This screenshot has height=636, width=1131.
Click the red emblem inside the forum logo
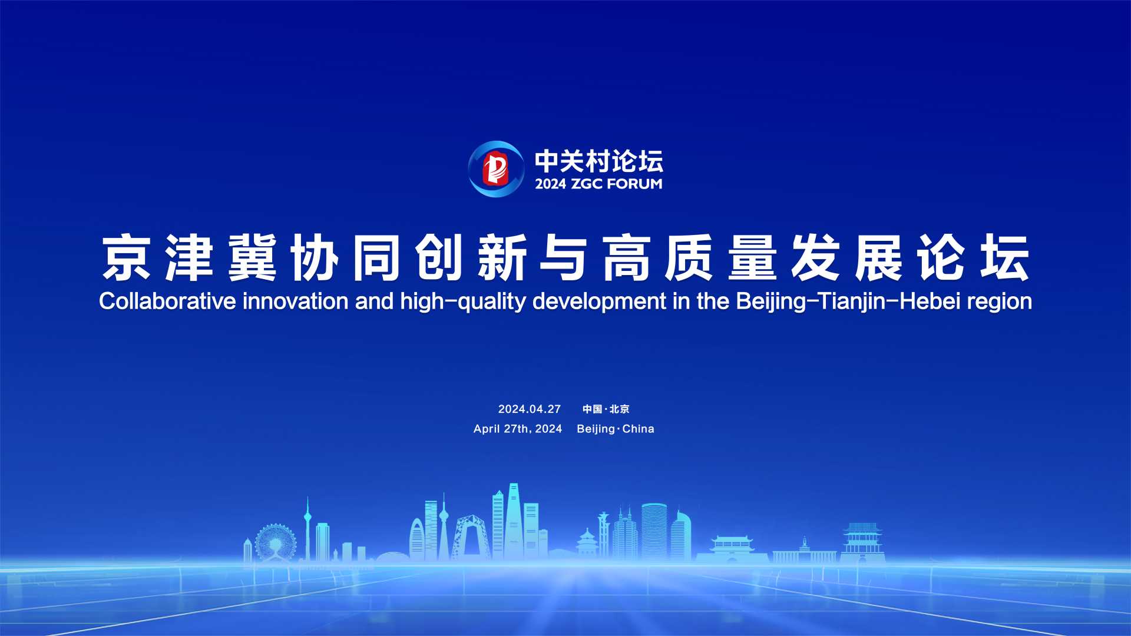[495, 168]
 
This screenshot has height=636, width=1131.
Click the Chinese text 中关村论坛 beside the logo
[598, 161]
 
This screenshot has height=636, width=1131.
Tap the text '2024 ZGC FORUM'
[598, 184]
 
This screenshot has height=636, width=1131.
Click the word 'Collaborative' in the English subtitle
[167, 301]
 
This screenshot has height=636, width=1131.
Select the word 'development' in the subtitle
[599, 302]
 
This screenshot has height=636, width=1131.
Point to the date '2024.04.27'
[530, 409]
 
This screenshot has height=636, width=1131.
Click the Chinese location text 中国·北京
[606, 409]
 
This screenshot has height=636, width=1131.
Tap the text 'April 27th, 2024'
[518, 429]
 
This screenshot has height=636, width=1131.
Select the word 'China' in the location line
[639, 429]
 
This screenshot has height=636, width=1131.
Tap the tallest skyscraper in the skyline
[514, 522]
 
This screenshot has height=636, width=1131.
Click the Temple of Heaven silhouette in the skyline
[587, 543]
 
